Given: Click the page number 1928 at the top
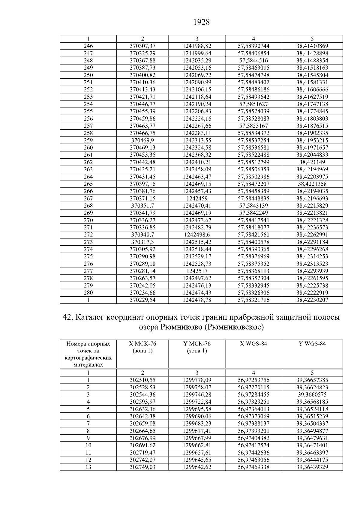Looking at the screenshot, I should pyautogui.click(x=201, y=22).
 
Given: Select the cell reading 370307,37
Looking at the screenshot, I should pyautogui.click(x=142, y=46).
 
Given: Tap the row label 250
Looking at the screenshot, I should pyautogui.click(x=88, y=75).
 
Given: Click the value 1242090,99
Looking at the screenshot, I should pyautogui.click(x=197, y=82).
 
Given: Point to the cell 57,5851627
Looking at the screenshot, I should pyautogui.click(x=253, y=104).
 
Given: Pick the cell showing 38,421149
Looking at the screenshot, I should pyautogui.click(x=312, y=162).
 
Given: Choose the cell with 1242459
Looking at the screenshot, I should pyautogui.click(x=197, y=198).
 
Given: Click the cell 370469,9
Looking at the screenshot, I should pyautogui.click(x=142, y=140).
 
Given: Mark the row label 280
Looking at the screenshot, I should pyautogui.click(x=88, y=292).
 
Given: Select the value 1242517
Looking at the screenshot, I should pyautogui.click(x=197, y=271).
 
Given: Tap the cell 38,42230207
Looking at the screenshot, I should pyautogui.click(x=312, y=300).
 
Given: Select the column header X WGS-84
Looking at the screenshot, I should pyautogui.click(x=253, y=344).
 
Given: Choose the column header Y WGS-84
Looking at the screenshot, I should pyautogui.click(x=312, y=344).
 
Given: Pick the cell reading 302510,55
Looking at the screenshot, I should pyautogui.click(x=142, y=380).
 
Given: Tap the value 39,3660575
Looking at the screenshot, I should pyautogui.click(x=312, y=394).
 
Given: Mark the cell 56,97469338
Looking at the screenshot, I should pyautogui.click(x=253, y=467).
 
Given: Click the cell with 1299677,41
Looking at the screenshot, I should pyautogui.click(x=197, y=431).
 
